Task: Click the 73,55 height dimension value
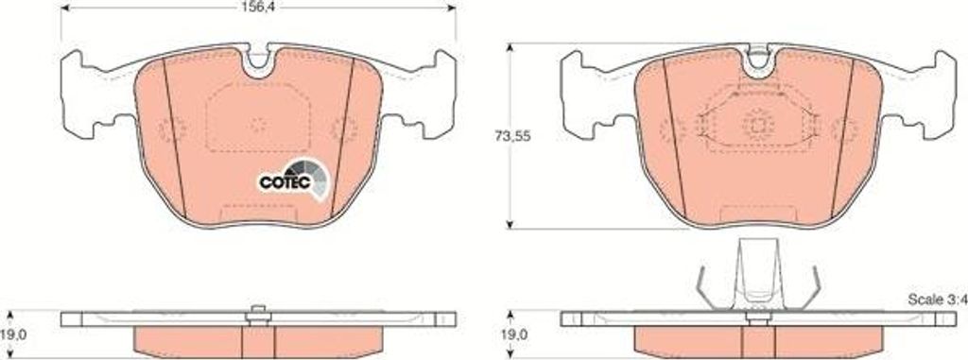pyautogui.click(x=512, y=137)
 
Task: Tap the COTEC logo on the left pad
pyautogui.click(x=293, y=180)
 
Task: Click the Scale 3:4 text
pyautogui.click(x=935, y=300)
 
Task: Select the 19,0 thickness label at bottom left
pyautogui.click(x=14, y=334)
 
